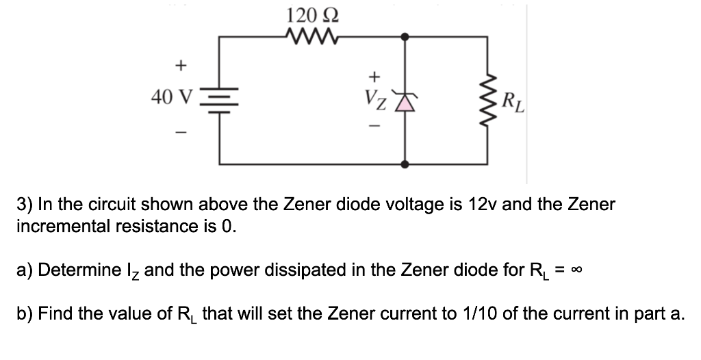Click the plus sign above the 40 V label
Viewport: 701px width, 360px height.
click(180, 66)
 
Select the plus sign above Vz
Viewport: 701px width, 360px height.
click(374, 75)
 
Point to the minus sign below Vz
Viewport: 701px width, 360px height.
click(374, 127)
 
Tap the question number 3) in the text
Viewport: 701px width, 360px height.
click(24, 204)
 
